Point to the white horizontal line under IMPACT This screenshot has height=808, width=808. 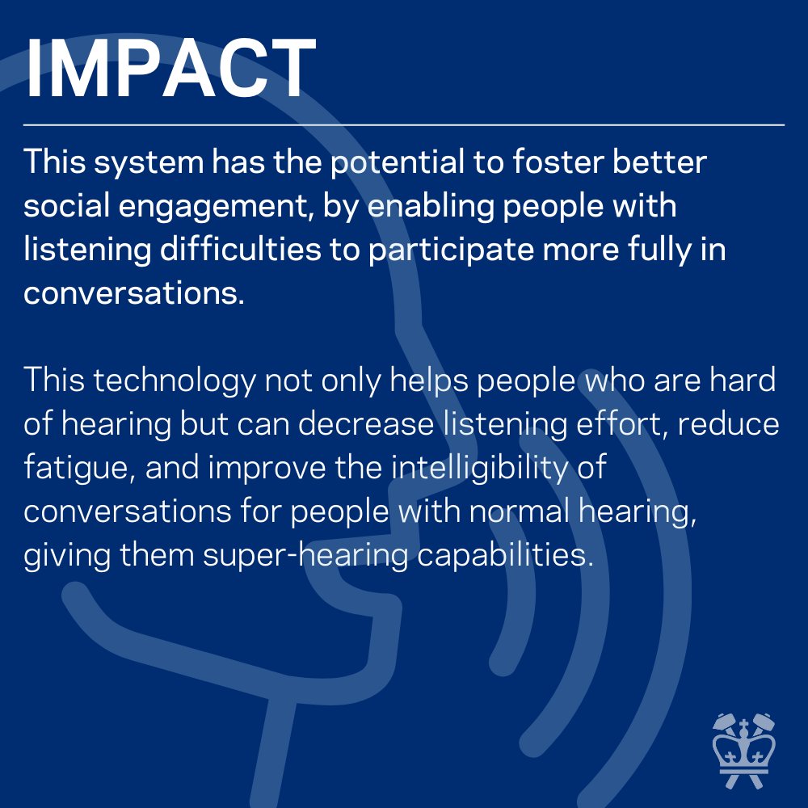coord(404,125)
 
